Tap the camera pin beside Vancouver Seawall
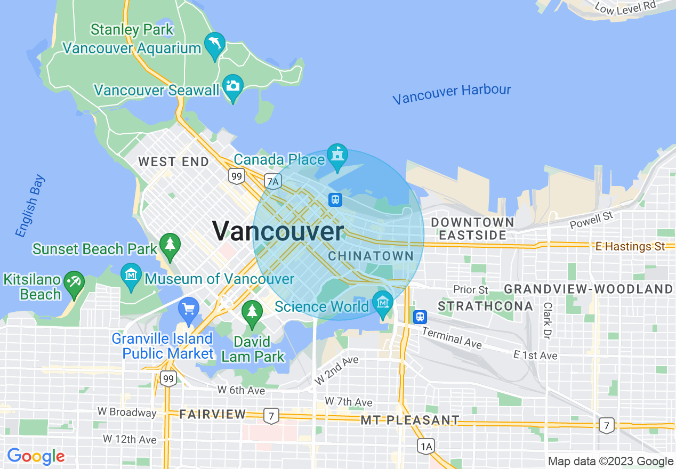point(233,86)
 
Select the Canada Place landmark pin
point(337,156)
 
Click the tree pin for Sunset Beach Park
point(170,245)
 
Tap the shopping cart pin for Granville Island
point(189,309)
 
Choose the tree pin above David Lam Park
point(252,312)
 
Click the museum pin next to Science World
point(382,303)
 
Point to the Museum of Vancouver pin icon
point(131,276)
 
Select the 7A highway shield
point(273,181)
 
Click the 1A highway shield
point(426,446)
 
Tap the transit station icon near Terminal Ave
point(420,317)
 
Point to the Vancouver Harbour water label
point(452,94)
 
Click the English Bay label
point(30,206)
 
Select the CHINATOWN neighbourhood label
point(371,256)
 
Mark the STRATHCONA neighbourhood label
point(485,306)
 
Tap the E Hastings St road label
point(631,246)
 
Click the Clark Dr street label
point(547,320)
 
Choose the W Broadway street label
point(127,412)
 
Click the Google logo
point(36,457)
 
